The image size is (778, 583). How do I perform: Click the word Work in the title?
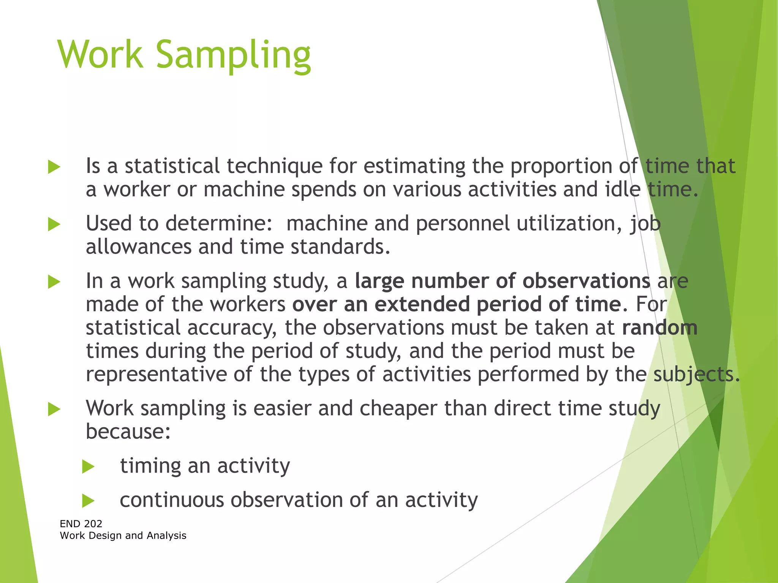[100, 55]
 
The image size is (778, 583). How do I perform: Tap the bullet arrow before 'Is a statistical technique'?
[54, 167]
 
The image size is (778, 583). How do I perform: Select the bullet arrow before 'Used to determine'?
[54, 224]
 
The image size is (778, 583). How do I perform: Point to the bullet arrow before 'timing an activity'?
[88, 466]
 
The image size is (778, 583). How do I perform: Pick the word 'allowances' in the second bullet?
[138, 247]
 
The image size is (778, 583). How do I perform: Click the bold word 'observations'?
[586, 282]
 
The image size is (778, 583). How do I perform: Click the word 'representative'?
[156, 375]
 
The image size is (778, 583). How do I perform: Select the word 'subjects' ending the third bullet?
[694, 375]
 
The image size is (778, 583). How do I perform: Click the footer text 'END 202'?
[81, 524]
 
